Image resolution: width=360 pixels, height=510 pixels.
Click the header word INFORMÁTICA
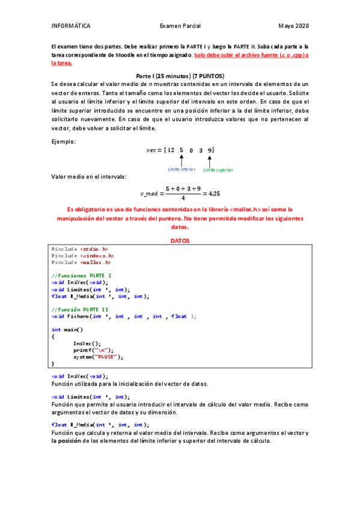coord(71,26)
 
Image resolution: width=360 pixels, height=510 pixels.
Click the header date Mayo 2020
coord(293,26)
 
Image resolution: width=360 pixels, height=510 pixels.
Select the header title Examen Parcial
coord(180,26)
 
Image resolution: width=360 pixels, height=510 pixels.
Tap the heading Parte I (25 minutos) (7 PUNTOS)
coord(180,76)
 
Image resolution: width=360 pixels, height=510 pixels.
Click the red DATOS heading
coord(180,241)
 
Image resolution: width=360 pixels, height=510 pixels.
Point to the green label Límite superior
coord(218,170)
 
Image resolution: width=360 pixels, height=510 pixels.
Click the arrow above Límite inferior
coord(182,160)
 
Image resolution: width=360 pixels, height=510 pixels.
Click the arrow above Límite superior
coord(210,160)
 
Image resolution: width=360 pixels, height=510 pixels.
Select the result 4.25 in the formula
coord(211,194)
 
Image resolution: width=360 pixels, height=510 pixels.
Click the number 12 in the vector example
coord(171,150)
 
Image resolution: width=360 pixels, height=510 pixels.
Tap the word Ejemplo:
coord(64,141)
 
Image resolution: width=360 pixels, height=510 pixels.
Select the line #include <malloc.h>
coord(81,262)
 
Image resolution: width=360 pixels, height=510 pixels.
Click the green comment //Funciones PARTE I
coord(81,275)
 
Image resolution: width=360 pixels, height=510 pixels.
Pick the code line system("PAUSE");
coord(98,357)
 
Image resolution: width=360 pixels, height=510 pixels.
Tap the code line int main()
coord(67,330)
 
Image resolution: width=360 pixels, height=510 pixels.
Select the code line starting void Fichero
coord(124,316)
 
